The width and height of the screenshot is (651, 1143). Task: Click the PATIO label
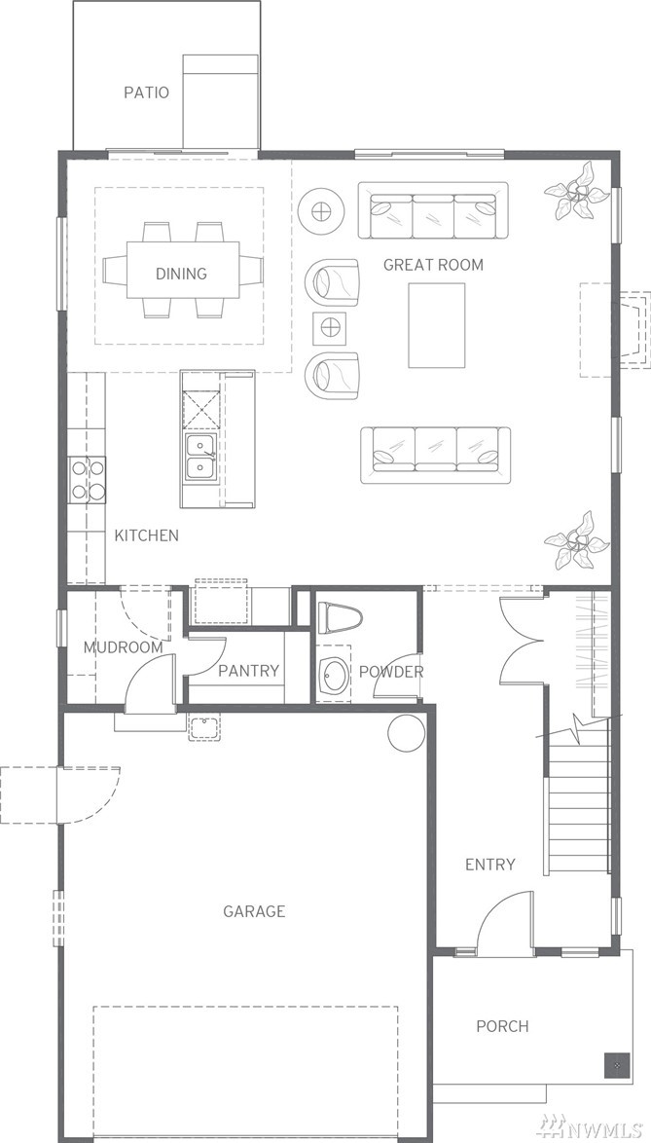point(146,92)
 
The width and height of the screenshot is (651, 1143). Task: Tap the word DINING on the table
point(181,275)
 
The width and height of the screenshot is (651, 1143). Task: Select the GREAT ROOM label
point(433,265)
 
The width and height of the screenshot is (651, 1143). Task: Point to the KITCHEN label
point(146,535)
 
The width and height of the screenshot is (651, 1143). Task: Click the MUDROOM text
point(123,647)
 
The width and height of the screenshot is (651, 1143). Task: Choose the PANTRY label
point(249,671)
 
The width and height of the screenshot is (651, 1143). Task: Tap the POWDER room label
point(391,672)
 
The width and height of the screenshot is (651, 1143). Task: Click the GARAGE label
point(254,911)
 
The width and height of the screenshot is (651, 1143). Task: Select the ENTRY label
point(490,865)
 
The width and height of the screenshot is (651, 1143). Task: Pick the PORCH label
point(502,1026)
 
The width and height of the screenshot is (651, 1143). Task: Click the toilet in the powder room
point(340,617)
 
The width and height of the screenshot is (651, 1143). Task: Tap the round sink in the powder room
point(335,675)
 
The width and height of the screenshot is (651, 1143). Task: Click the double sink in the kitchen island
point(199,457)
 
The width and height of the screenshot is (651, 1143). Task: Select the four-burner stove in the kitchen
point(88,480)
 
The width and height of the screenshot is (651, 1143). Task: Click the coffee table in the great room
point(436,325)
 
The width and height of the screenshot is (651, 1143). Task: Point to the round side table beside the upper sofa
point(320,212)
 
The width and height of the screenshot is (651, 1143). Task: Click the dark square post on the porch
point(616,1065)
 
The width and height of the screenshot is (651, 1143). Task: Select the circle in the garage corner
point(406,732)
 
